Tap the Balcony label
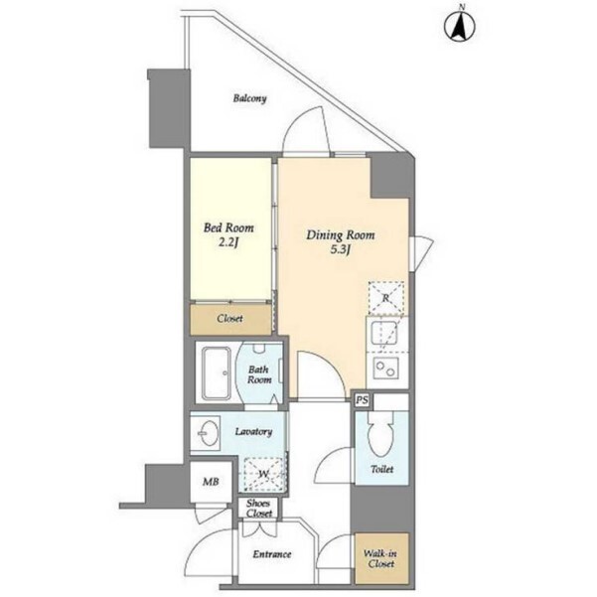(x=249, y=98)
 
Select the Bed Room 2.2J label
(x=228, y=234)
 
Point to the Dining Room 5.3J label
(x=341, y=241)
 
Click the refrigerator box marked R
(x=386, y=298)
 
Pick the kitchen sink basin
(x=384, y=333)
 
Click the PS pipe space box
(x=363, y=400)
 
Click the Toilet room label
(x=381, y=470)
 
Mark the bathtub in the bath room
(x=216, y=373)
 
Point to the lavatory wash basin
(x=208, y=433)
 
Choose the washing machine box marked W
(x=264, y=475)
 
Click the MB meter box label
(x=211, y=482)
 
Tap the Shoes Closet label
(x=258, y=509)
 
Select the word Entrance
(x=272, y=554)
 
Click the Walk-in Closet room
(x=381, y=558)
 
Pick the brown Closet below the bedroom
(x=230, y=319)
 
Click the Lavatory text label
(x=253, y=432)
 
